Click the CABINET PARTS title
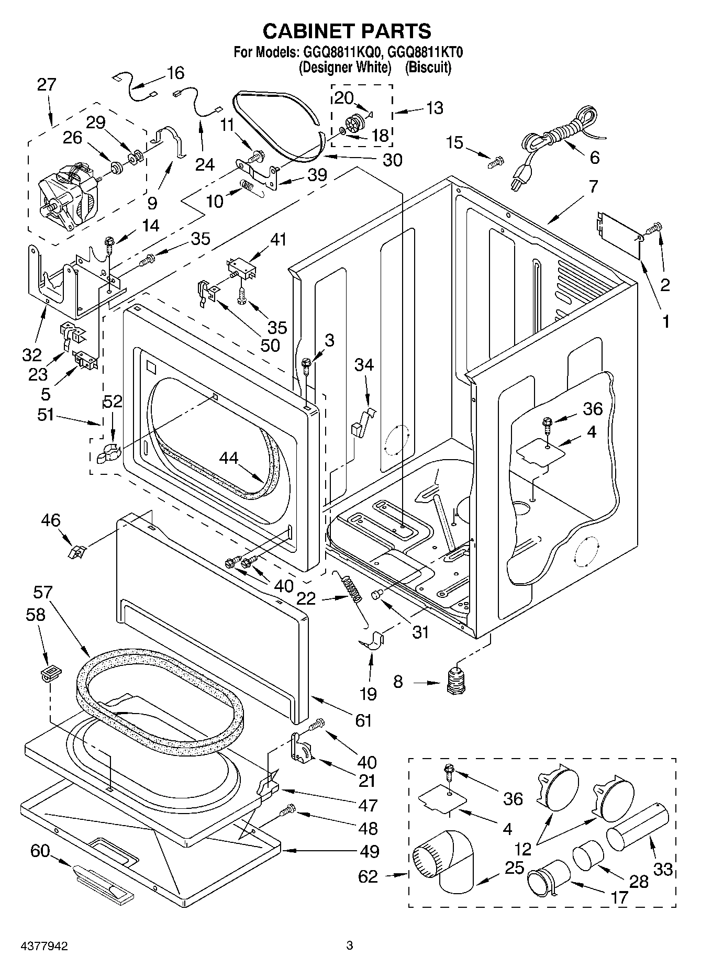[347, 31]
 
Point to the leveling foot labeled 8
[458, 682]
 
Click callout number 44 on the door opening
[229, 458]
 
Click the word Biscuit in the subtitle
[428, 68]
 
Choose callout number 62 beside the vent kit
[368, 876]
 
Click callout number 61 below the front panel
[363, 720]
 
